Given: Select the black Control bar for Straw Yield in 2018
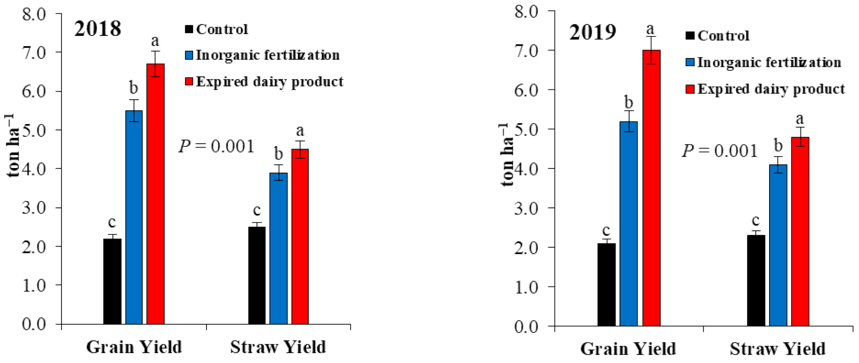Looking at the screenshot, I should click(x=257, y=275).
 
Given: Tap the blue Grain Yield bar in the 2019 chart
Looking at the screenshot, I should click(x=629, y=224).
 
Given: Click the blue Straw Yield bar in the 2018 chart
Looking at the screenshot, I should click(x=278, y=248).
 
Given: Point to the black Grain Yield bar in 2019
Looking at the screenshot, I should click(x=607, y=284).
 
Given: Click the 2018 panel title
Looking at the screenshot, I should click(x=98, y=29).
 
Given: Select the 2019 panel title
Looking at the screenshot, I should click(x=592, y=32).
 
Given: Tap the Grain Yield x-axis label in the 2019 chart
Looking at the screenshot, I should click(x=628, y=349).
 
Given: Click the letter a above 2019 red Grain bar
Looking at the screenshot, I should click(x=650, y=29).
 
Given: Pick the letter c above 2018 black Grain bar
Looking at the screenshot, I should click(x=112, y=222).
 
